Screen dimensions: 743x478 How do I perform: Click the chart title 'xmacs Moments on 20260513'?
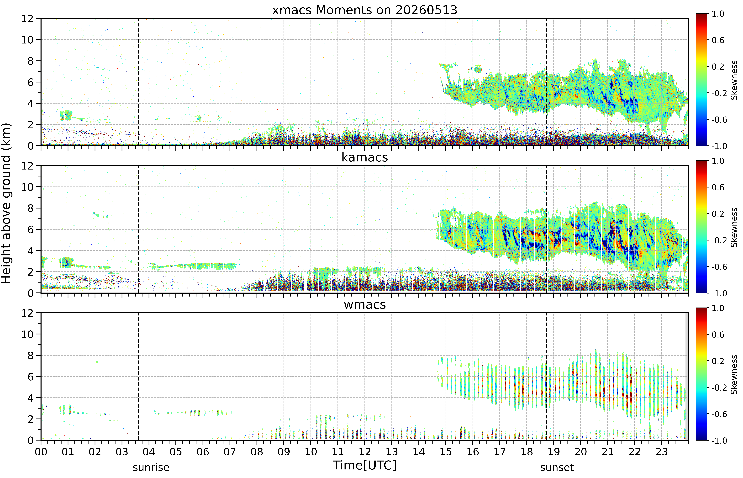click(365, 10)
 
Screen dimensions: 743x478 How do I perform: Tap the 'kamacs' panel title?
click(365, 157)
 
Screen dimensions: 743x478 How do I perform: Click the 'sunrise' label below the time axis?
click(151, 467)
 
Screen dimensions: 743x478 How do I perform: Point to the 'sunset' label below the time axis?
click(557, 467)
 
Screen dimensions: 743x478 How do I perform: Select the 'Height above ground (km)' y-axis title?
click(6, 203)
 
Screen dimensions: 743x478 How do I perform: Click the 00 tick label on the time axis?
click(41, 452)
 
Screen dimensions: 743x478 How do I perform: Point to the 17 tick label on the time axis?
click(500, 452)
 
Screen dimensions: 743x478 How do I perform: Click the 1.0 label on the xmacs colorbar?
click(718, 14)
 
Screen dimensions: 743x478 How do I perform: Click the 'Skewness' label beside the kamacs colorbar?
click(734, 228)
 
